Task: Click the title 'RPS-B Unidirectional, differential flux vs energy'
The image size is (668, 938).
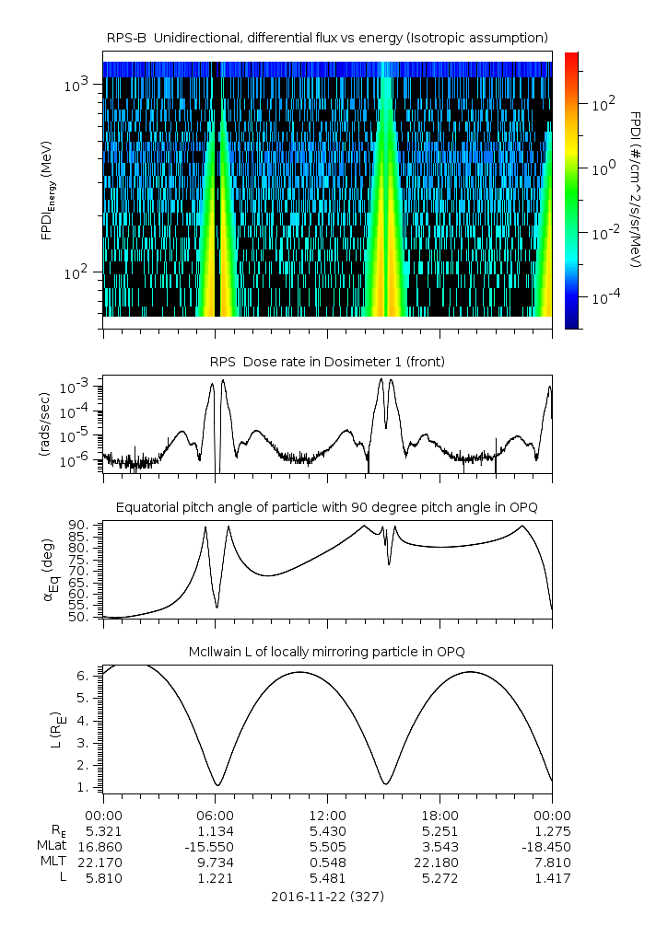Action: [x=327, y=37]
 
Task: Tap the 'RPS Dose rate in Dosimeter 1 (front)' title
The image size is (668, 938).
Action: [x=327, y=362]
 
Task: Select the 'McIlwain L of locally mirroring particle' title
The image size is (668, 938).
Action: [x=327, y=652]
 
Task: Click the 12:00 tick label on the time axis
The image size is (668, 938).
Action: [x=327, y=816]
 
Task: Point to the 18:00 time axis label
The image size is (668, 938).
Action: [x=439, y=816]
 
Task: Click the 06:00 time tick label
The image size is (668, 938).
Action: [x=215, y=816]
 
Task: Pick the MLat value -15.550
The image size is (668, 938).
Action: [x=215, y=847]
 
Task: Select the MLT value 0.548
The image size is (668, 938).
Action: [x=327, y=863]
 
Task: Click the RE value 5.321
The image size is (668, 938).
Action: [x=103, y=831]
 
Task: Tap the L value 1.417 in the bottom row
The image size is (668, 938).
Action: [x=552, y=878]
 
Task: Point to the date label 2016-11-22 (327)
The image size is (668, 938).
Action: [x=327, y=896]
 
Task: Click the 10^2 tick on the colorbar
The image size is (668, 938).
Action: [x=602, y=105]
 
